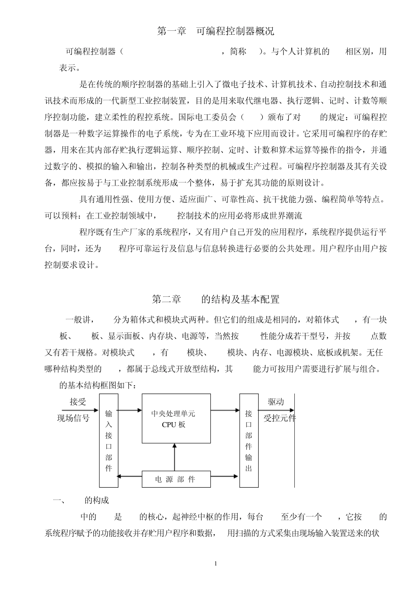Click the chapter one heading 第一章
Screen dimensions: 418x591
(172, 31)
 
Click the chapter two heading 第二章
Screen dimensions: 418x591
(167, 299)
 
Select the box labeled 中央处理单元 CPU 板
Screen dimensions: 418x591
(176, 419)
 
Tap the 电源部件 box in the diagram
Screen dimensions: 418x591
(175, 479)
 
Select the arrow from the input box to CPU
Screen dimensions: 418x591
(130, 410)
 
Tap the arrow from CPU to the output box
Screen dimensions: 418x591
(225, 410)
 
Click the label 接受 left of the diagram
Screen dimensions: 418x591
(78, 401)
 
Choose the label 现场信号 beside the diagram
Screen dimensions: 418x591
(73, 418)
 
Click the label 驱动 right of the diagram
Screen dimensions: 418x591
(276, 401)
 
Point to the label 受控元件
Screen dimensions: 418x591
(279, 418)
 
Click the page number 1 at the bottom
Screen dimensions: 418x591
(216, 563)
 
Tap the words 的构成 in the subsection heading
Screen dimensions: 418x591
(97, 500)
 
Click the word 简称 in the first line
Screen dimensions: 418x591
(238, 51)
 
